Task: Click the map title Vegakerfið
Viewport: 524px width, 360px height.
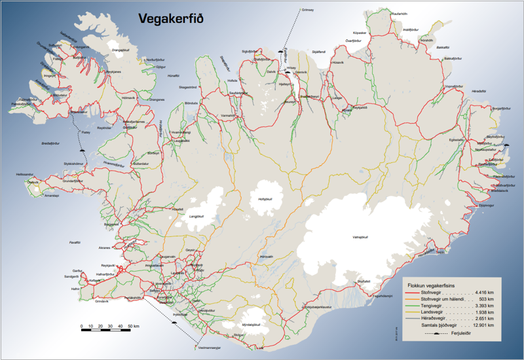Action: point(170,19)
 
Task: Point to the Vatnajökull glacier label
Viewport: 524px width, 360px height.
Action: point(362,236)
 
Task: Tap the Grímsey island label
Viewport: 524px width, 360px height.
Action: point(308,10)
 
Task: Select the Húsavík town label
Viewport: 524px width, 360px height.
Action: point(338,62)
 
